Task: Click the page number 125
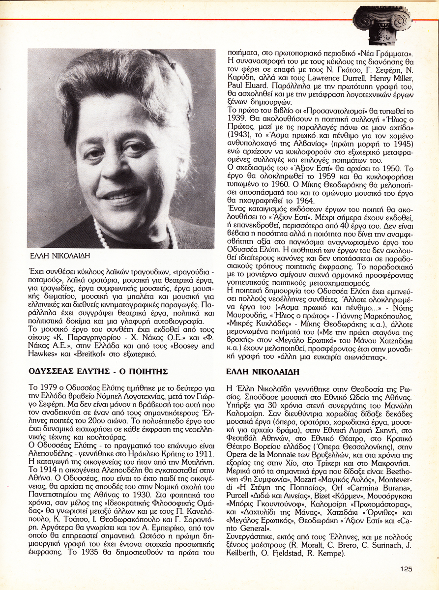(406, 569)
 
